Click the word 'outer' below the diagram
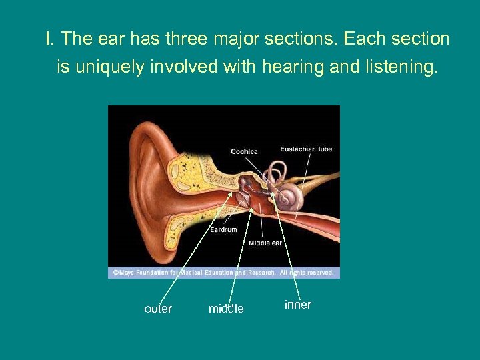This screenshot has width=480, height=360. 158,309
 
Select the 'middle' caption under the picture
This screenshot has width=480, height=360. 226,309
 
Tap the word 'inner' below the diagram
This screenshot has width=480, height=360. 298,305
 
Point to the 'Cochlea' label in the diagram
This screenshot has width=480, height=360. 244,151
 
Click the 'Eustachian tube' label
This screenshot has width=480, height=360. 306,149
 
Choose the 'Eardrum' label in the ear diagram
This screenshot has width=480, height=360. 223,229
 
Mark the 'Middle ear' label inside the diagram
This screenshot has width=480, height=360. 265,243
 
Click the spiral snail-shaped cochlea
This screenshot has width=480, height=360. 291,198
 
